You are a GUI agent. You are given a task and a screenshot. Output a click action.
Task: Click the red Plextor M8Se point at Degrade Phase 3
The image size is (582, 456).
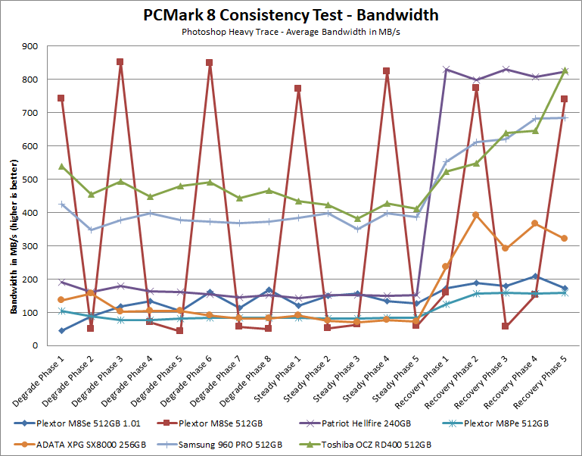pos(120,62)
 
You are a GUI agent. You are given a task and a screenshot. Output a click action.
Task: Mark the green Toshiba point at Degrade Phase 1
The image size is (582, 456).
pos(61,166)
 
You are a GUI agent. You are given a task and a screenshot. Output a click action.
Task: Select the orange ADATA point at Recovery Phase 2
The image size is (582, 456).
pos(475,215)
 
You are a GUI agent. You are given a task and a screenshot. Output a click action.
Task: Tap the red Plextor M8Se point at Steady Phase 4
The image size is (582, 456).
pos(386,71)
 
